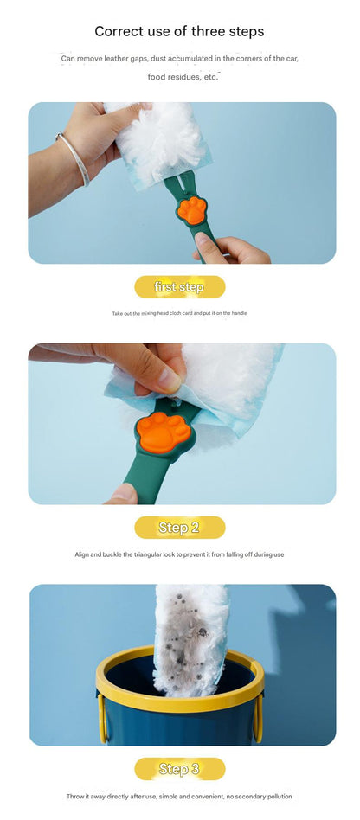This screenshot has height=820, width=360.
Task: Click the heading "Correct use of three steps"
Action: click(179, 31)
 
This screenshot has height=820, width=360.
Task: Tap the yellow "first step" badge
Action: click(179, 287)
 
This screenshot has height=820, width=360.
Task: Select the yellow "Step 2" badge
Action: click(179, 527)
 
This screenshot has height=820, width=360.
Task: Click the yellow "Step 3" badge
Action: click(179, 769)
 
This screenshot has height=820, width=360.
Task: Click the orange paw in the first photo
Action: click(191, 210)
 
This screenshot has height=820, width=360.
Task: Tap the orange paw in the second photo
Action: click(164, 432)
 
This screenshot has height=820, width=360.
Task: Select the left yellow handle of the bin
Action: click(103, 718)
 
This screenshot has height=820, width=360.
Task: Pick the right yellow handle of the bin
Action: click(257, 718)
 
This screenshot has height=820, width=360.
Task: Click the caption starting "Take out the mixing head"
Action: click(179, 313)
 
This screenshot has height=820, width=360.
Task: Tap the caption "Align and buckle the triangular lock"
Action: click(179, 554)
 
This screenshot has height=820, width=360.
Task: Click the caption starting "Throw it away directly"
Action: click(179, 797)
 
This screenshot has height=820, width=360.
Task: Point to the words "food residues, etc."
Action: click(182, 77)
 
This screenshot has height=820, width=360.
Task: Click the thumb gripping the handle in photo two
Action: click(124, 493)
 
